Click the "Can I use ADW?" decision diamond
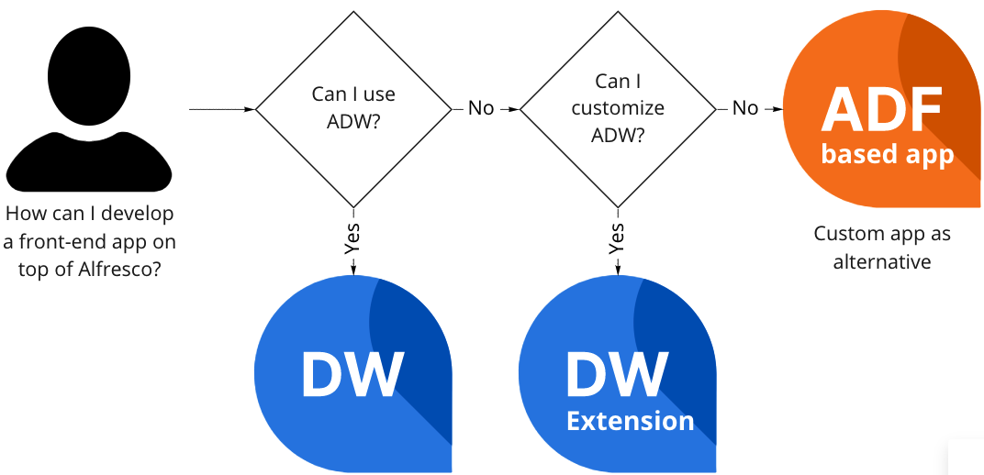click(x=353, y=108)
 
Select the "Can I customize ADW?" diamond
click(x=617, y=108)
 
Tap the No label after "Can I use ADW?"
click(x=481, y=108)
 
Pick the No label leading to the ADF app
click(x=745, y=108)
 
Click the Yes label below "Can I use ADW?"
click(x=352, y=237)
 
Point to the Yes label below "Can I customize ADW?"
click(x=617, y=237)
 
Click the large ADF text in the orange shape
click(x=881, y=109)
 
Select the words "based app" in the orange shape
click(x=888, y=153)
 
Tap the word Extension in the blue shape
click(x=630, y=421)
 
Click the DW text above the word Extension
click(x=617, y=374)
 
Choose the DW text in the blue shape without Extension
click(x=352, y=374)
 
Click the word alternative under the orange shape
click(x=882, y=262)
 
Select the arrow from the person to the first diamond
click(x=220, y=109)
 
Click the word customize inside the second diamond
click(x=617, y=108)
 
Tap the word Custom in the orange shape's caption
click(x=844, y=234)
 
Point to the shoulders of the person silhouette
click(x=88, y=165)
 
